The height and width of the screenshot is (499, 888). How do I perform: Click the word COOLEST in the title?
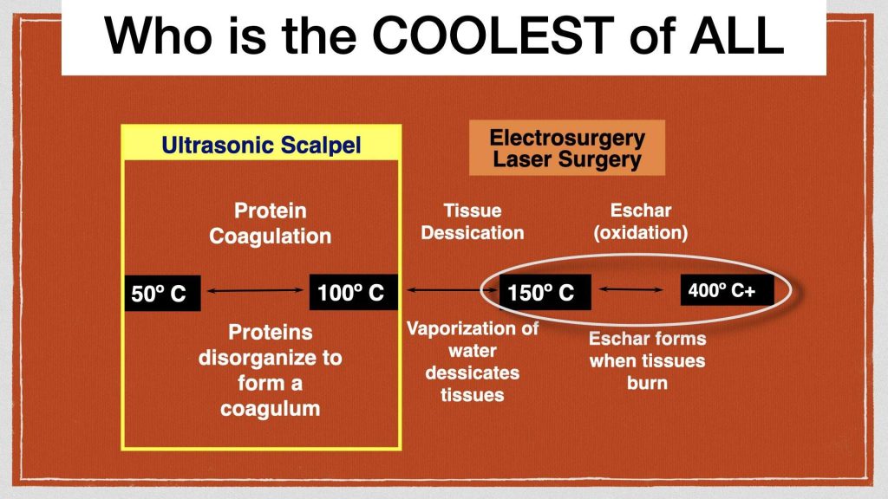(493, 36)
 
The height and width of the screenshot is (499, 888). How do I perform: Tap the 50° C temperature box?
(162, 293)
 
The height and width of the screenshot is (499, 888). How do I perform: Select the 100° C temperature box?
(354, 292)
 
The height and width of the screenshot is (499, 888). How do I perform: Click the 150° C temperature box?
(545, 292)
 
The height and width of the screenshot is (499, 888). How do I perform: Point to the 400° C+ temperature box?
(728, 290)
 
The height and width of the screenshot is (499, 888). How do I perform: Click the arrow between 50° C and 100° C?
(256, 291)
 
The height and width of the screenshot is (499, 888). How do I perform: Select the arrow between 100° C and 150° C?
(453, 290)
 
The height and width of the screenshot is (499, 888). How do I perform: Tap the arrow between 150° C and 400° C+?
(631, 289)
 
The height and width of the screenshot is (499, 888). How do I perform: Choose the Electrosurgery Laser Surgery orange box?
(567, 148)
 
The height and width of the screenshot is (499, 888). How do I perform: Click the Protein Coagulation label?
(271, 224)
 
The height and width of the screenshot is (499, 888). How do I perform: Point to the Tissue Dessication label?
(473, 222)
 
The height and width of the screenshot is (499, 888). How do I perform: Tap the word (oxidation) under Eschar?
(641, 232)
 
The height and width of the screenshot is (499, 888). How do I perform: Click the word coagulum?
(271, 409)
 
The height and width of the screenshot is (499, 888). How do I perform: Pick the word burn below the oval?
(647, 383)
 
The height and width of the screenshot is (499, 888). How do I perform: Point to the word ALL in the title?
(737, 36)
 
